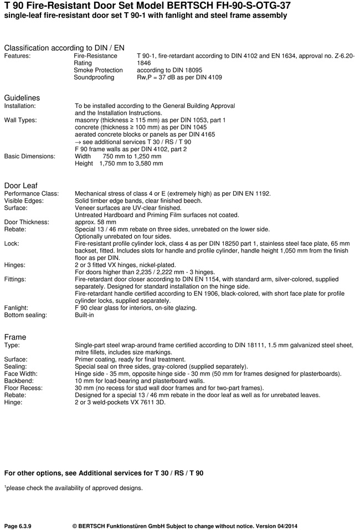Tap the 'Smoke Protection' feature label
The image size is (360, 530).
(x=98, y=70)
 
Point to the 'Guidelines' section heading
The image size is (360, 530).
(x=22, y=97)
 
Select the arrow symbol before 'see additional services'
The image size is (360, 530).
(x=78, y=142)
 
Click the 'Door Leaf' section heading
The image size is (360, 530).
(x=20, y=185)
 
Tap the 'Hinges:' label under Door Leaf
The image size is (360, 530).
(x=15, y=265)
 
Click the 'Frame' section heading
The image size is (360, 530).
(x=15, y=337)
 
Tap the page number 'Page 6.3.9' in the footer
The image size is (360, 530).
(x=22, y=524)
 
